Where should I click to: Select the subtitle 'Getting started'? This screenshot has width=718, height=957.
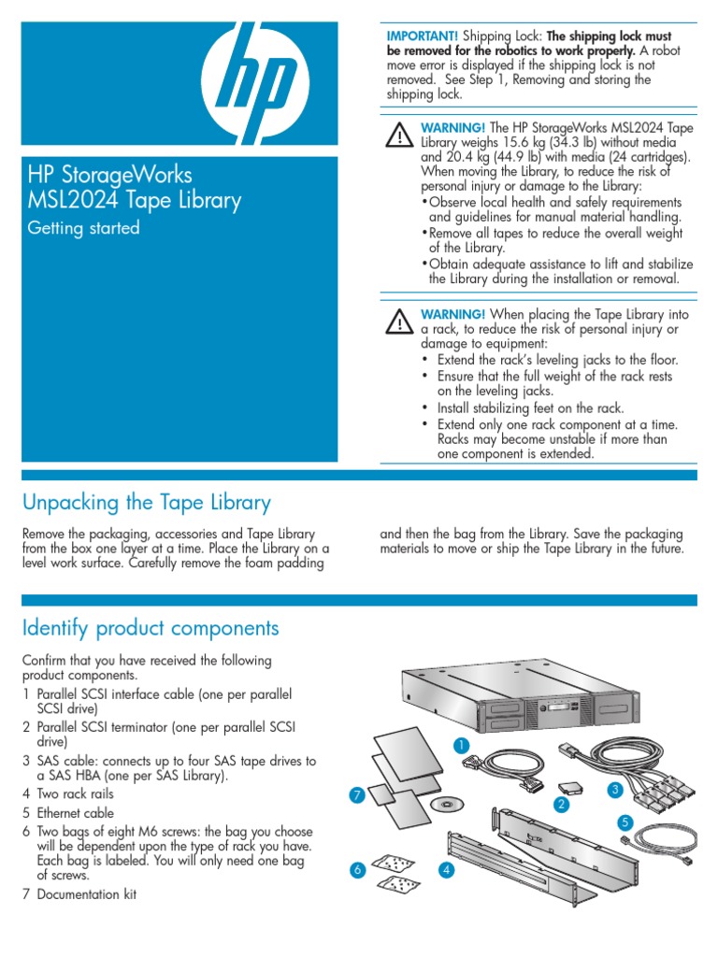point(81,228)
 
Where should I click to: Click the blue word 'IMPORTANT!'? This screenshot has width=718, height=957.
point(417,35)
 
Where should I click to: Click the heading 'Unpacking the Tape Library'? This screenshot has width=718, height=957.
point(147,503)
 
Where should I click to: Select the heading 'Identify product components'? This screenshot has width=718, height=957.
point(151,627)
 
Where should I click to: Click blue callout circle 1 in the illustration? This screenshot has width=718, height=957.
point(459,745)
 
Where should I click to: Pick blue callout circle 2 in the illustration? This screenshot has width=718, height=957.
point(562,804)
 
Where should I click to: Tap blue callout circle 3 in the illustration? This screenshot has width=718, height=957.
point(614,790)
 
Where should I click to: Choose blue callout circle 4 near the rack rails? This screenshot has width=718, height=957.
point(447,871)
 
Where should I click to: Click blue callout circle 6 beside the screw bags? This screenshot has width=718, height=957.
point(355,871)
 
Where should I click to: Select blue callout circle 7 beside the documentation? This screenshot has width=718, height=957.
point(355,795)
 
